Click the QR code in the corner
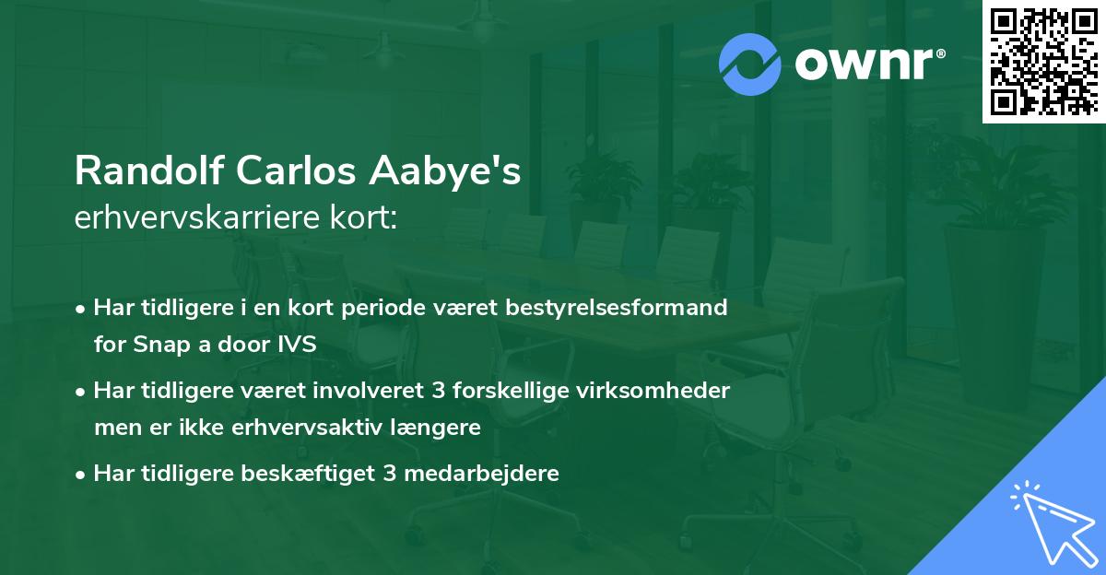[1043, 61]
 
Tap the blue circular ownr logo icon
[750, 64]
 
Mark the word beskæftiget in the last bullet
[311, 475]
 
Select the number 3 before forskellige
[437, 391]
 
